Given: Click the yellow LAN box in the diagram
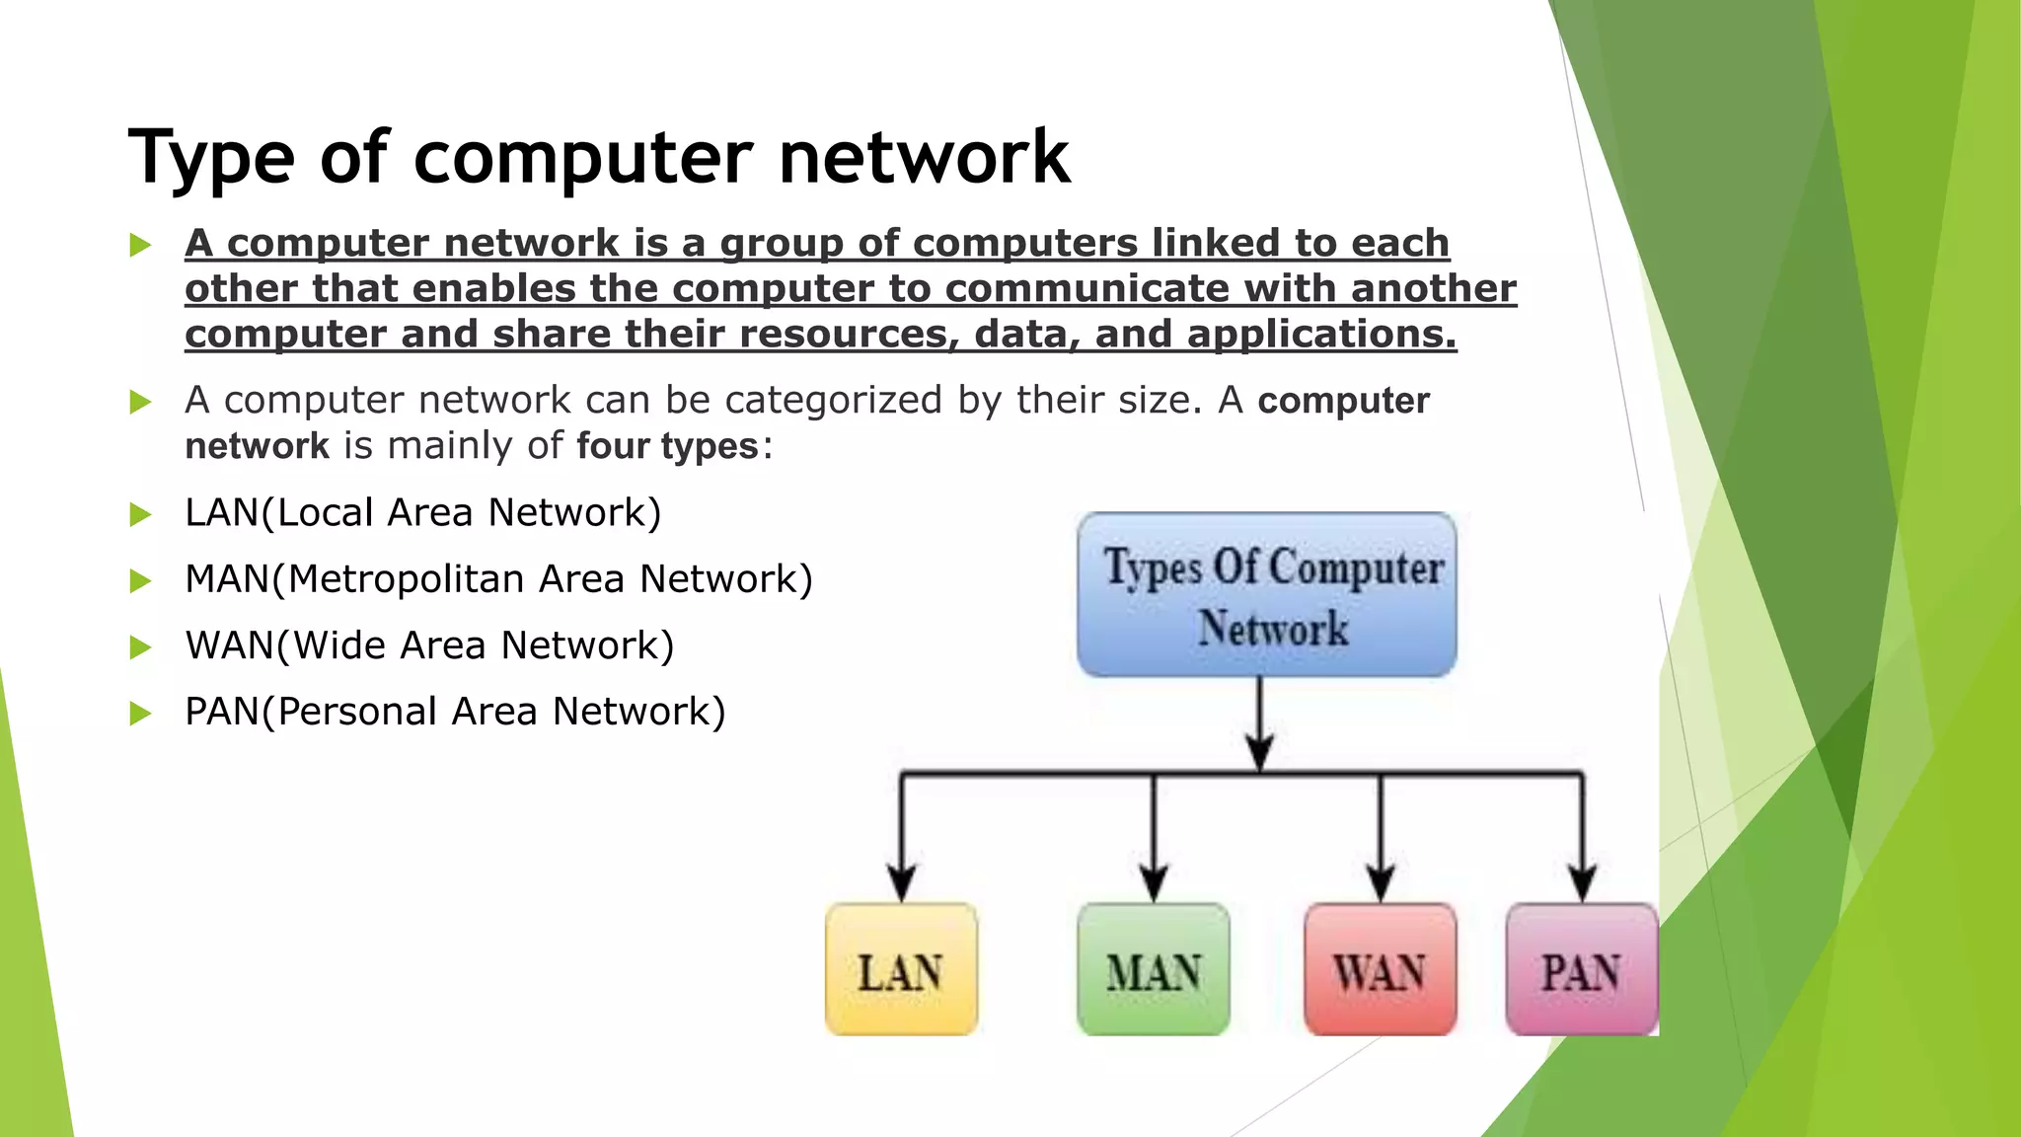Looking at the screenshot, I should [901, 970].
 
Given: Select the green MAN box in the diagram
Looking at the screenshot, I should [1154, 970].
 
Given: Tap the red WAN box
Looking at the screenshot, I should [1380, 970].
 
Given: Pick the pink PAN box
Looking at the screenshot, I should [1581, 970].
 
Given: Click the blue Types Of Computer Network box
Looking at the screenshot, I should [1267, 595].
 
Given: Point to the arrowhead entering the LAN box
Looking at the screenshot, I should [901, 882].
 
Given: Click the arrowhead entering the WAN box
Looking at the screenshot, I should [1380, 882].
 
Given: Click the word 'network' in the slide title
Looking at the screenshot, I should [924, 158].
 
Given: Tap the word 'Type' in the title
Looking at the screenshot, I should [211, 158].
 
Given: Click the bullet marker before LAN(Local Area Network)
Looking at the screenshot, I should [141, 514].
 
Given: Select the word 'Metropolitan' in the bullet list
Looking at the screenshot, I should [406, 579].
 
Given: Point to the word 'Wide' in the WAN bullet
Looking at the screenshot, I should [340, 645].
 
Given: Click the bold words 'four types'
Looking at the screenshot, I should [667, 446].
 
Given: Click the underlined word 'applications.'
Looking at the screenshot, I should [1321, 335].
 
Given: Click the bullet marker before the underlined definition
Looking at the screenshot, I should [141, 245].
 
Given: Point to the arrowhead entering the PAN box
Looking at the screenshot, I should [1583, 882].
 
